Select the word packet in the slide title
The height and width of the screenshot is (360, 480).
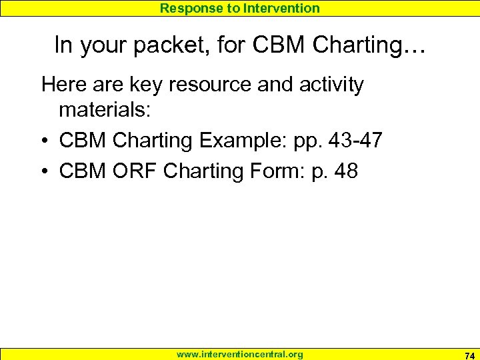click(x=185, y=45)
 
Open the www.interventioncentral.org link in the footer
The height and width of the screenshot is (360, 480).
click(x=240, y=355)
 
